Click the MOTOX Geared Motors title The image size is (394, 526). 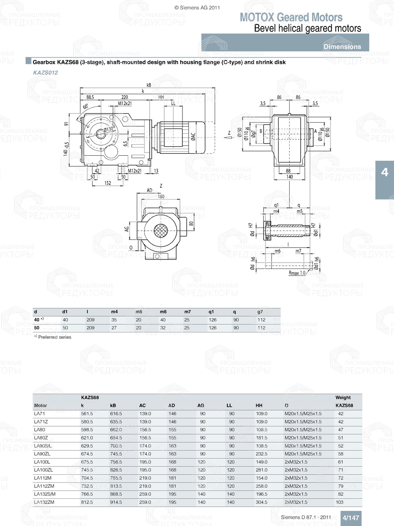click(291, 17)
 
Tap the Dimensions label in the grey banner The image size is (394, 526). click(342, 47)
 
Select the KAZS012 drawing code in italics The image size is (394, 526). click(45, 73)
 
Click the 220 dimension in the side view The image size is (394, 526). click(125, 97)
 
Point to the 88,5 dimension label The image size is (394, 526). click(90, 97)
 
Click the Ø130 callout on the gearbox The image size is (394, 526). click(108, 129)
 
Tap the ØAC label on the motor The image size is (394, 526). click(193, 136)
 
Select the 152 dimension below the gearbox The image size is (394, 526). click(108, 183)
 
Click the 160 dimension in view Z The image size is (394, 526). click(161, 196)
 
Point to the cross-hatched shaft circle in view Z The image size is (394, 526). click(160, 231)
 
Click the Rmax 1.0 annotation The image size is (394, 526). click(297, 273)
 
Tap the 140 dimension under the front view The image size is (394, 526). click(290, 177)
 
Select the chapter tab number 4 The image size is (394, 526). click(385, 172)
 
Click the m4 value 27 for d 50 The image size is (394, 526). click(114, 328)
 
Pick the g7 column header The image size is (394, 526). click(260, 311)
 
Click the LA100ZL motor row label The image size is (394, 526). click(43, 470)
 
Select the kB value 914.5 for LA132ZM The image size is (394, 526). click(116, 502)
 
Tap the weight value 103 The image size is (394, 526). click(340, 502)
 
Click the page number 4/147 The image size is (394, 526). click(350, 518)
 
